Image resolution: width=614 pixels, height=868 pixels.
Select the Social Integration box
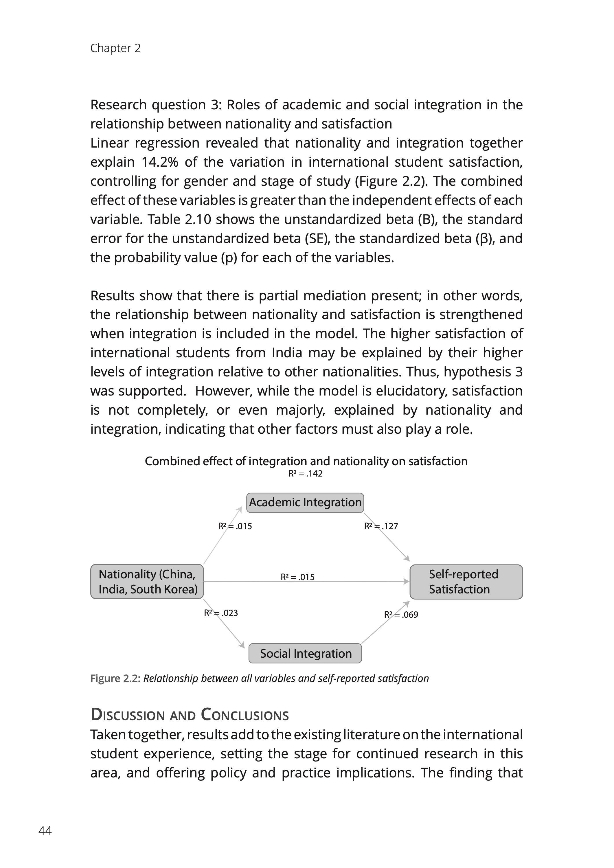point(305,653)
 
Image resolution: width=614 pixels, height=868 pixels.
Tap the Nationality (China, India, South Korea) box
point(147,582)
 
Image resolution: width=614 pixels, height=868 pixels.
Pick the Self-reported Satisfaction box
point(466,582)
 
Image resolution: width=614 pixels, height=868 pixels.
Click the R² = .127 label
point(381,526)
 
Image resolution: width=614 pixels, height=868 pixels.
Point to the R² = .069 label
point(401,615)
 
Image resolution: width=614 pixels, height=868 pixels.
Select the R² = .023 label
point(221,613)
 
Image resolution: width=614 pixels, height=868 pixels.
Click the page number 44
point(45,831)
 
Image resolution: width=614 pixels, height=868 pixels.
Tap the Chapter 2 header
point(115,48)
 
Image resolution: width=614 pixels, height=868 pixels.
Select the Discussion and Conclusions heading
point(190,715)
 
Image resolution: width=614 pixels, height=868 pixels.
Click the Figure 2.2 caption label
point(115,678)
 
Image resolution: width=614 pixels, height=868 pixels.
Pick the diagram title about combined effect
point(306,461)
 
